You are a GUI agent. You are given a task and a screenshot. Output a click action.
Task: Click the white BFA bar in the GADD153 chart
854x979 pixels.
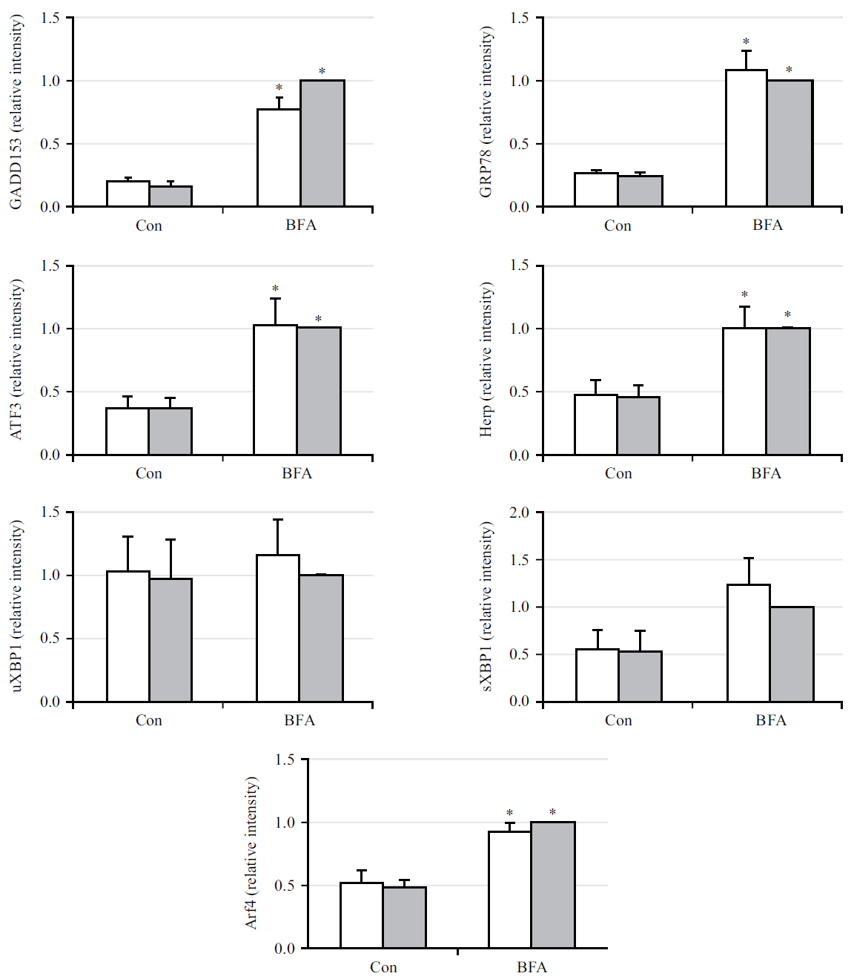pyautogui.click(x=279, y=158)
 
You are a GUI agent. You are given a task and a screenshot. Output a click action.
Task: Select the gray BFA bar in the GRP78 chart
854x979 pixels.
pyautogui.click(x=790, y=143)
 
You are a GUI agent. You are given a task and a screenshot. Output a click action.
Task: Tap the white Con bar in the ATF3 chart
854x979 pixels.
pyautogui.click(x=128, y=431)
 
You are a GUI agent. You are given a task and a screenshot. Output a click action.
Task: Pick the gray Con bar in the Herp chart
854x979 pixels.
pyautogui.click(x=638, y=426)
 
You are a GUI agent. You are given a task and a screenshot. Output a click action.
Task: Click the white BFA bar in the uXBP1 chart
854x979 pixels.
pyautogui.click(x=278, y=628)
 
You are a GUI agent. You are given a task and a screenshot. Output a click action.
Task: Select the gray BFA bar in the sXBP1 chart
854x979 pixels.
pyautogui.click(x=792, y=654)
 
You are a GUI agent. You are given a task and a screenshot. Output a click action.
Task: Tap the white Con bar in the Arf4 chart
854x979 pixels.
pyautogui.click(x=362, y=915)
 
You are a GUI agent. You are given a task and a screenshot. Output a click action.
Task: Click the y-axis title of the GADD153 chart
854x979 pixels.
pyautogui.click(x=16, y=112)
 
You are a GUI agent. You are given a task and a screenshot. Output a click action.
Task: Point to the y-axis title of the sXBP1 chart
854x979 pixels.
pyautogui.click(x=486, y=607)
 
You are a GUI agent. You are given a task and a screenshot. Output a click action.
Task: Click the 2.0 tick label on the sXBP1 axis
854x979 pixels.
pyautogui.click(x=519, y=512)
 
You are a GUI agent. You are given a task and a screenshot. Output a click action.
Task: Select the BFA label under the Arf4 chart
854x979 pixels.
pyautogui.click(x=532, y=967)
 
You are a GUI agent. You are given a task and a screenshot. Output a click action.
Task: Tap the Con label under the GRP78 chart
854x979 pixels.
pyautogui.click(x=618, y=225)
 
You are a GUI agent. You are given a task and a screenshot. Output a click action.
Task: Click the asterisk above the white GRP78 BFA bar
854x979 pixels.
pyautogui.click(x=746, y=42)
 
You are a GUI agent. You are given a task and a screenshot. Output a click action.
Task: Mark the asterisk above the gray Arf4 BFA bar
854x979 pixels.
pyautogui.click(x=552, y=813)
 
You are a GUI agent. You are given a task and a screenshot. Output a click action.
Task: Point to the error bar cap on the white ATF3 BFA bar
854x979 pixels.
pyautogui.click(x=275, y=299)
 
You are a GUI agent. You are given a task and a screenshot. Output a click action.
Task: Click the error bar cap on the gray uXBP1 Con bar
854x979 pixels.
pyautogui.click(x=171, y=540)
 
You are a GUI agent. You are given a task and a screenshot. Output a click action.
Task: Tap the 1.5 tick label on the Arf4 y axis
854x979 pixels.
pyautogui.click(x=285, y=759)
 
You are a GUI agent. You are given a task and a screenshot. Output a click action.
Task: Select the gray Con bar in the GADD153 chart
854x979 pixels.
pyautogui.click(x=171, y=197)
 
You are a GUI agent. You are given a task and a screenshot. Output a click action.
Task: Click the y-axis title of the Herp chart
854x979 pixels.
pyautogui.click(x=486, y=360)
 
